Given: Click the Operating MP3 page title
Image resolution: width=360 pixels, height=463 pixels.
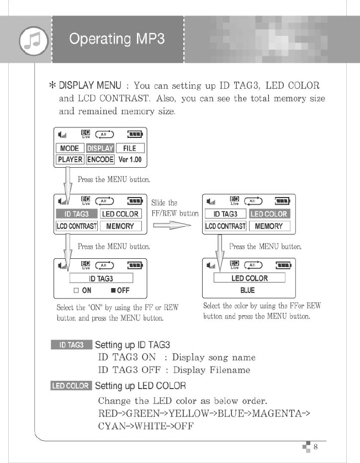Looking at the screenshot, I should [x=117, y=39].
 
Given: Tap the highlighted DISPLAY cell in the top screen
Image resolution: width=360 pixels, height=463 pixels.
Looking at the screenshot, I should [x=100, y=148].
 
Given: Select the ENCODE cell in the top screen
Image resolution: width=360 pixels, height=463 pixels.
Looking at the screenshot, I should [x=100, y=159].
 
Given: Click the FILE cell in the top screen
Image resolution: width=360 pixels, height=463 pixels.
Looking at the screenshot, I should [x=130, y=148].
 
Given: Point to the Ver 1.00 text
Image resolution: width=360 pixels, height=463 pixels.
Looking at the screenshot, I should [x=130, y=159].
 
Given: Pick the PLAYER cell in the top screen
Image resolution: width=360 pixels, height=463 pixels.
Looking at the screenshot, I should [x=70, y=159].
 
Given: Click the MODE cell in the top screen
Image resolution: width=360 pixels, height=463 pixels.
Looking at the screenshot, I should [x=70, y=148].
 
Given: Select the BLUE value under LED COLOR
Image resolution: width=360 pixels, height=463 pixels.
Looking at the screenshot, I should [x=247, y=290].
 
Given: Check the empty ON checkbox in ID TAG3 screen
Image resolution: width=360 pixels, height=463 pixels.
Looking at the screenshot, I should [x=77, y=290].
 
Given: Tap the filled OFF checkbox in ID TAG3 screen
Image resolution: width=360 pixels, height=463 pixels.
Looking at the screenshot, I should [x=112, y=290].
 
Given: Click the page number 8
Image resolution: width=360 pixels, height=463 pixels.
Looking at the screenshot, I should [x=315, y=446].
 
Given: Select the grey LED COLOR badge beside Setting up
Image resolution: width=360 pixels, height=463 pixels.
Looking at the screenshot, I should [x=70, y=386].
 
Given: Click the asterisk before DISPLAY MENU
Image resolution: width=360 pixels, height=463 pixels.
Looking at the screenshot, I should [x=52, y=86].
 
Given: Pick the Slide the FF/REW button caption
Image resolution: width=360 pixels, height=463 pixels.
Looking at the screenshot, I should [x=174, y=208].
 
